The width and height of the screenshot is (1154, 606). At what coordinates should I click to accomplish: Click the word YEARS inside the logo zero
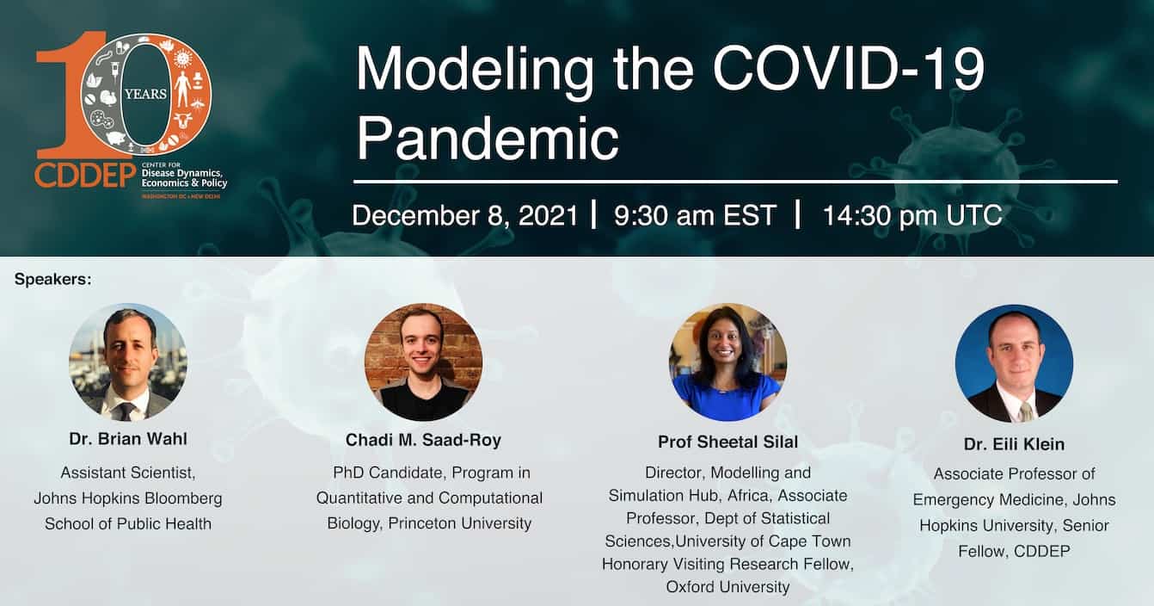point(146,94)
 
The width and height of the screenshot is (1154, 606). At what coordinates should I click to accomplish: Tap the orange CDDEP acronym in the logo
point(85,176)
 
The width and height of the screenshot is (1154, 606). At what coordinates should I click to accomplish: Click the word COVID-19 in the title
point(849,69)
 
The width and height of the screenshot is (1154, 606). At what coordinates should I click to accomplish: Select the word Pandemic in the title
point(488,139)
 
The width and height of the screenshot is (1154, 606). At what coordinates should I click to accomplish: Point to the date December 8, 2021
point(464,215)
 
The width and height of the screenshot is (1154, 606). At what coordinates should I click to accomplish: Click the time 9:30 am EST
point(695,215)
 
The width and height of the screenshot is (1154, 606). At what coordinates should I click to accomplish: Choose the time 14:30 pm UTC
point(912,215)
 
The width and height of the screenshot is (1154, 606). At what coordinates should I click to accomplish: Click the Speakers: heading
point(53,280)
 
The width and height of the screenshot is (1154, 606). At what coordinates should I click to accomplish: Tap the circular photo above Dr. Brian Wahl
point(128,362)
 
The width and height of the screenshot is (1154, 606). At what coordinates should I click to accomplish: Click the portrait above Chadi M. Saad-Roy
point(423,362)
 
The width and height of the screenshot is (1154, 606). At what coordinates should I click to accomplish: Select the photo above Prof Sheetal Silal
point(728,362)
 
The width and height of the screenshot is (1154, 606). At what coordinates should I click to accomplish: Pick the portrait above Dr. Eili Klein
point(1015,363)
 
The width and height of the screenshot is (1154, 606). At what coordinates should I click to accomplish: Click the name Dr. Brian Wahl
point(128,439)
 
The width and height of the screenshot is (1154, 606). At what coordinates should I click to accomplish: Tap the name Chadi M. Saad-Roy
point(423,440)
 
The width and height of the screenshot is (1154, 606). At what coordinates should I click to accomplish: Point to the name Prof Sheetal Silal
point(728,442)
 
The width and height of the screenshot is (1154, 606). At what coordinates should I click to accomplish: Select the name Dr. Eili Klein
point(1015,444)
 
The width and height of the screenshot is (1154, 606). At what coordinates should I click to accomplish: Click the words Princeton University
point(460,523)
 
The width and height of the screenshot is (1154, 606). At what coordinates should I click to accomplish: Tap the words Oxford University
point(728,587)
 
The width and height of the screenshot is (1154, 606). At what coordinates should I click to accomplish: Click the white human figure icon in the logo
point(182,89)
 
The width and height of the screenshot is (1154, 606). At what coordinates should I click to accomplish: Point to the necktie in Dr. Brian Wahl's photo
point(126,411)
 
